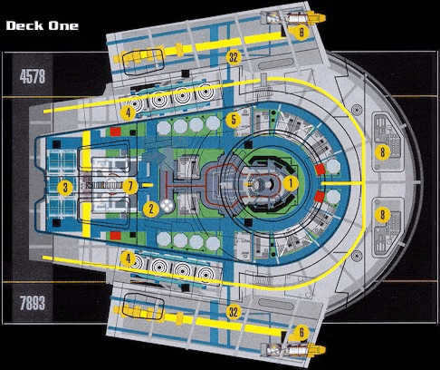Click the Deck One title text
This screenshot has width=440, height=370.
click(x=42, y=25)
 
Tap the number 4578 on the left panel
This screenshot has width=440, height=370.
click(x=31, y=77)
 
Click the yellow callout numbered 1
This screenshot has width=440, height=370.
click(x=291, y=182)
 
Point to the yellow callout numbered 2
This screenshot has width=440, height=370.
click(x=152, y=209)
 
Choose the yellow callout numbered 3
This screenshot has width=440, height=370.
click(x=65, y=188)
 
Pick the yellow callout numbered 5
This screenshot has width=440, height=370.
click(x=234, y=119)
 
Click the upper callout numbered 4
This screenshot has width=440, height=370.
click(x=128, y=113)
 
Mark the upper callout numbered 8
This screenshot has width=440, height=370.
click(x=383, y=152)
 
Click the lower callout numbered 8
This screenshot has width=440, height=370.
click(x=383, y=215)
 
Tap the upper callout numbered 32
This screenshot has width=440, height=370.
click(x=234, y=56)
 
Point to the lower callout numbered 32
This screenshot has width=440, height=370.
click(x=234, y=311)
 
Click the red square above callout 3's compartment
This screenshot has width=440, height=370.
click(x=115, y=132)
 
